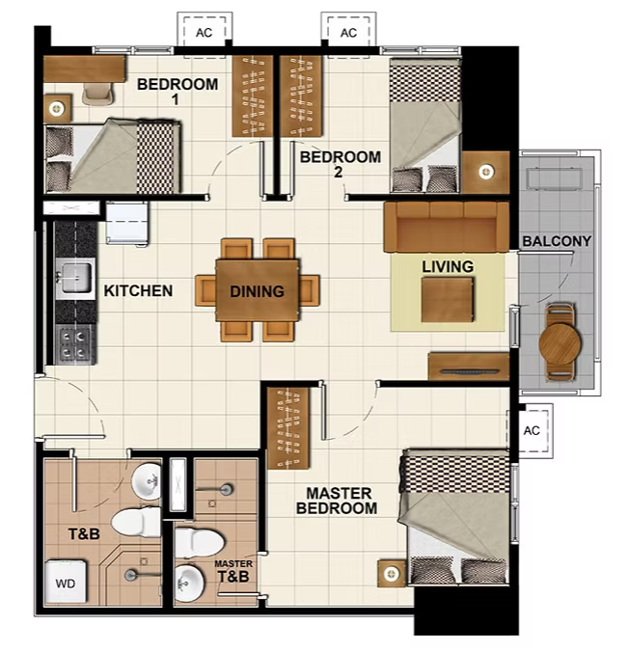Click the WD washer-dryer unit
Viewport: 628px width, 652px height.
(66, 582)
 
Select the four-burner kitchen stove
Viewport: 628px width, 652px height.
(75, 345)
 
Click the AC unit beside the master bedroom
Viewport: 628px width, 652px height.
(531, 431)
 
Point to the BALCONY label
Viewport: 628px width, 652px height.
(557, 241)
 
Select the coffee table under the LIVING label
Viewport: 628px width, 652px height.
(448, 300)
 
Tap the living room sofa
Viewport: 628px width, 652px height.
(447, 227)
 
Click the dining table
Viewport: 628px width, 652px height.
(258, 289)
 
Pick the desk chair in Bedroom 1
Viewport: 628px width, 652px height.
(97, 94)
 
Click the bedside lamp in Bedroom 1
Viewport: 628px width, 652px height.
(57, 109)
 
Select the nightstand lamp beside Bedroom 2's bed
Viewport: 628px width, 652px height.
(486, 172)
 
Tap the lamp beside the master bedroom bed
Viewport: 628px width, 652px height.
(392, 574)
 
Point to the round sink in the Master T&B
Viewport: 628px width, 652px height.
(190, 583)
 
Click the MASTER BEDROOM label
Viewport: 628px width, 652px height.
(338, 501)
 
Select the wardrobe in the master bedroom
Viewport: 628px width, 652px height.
(287, 428)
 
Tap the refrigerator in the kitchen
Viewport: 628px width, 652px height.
(126, 224)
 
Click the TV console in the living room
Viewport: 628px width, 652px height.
(469, 367)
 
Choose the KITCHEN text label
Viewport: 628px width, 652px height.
(138, 290)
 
